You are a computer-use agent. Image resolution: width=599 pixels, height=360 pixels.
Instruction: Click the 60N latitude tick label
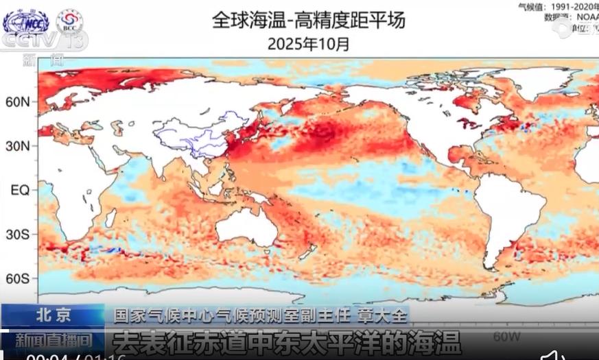tap(18, 102)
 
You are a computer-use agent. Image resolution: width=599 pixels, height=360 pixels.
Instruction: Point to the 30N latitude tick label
tap(18, 146)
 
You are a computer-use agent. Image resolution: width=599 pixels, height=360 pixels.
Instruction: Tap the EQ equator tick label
tap(19, 190)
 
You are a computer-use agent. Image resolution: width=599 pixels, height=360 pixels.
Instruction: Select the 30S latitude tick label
tap(18, 235)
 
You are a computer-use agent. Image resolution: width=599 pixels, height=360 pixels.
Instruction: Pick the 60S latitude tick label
tap(18, 278)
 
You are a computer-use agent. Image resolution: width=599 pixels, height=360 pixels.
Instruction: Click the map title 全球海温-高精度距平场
tap(309, 20)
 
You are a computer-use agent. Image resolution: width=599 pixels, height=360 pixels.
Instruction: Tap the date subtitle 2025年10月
tap(309, 45)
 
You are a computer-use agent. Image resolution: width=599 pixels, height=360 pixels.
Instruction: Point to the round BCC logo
tap(69, 21)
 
